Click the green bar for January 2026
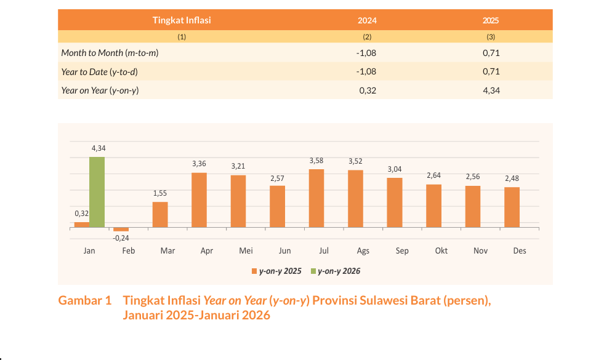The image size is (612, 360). pyautogui.click(x=97, y=192)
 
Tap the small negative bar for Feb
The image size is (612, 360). pyautogui.click(x=121, y=230)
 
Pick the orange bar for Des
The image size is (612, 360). pyautogui.click(x=512, y=207)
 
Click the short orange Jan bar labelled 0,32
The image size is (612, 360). pyautogui.click(x=81, y=225)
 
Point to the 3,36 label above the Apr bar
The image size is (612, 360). pyautogui.click(x=199, y=164)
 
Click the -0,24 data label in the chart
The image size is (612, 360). pyautogui.click(x=121, y=238)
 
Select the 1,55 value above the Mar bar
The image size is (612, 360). pyautogui.click(x=160, y=193)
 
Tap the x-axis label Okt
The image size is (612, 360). pyautogui.click(x=441, y=251)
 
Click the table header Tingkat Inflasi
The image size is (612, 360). pyautogui.click(x=182, y=20)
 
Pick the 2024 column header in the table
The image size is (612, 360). pyautogui.click(x=367, y=20)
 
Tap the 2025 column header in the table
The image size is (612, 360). pyautogui.click(x=491, y=20)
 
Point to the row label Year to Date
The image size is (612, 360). pyautogui.click(x=99, y=72)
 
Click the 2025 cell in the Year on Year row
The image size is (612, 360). pyautogui.click(x=491, y=90)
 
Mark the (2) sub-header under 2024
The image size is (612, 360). pyautogui.click(x=367, y=37)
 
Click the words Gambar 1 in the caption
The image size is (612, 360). pyautogui.click(x=85, y=301)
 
